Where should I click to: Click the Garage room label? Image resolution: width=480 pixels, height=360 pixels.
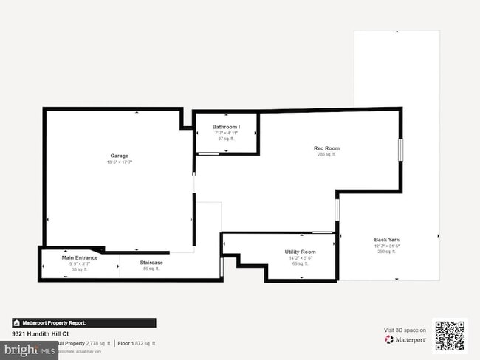(120, 156)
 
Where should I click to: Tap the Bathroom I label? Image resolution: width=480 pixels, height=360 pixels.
(226, 127)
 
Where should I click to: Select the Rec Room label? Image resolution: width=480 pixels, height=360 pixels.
(326, 148)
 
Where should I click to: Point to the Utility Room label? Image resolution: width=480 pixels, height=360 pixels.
(300, 252)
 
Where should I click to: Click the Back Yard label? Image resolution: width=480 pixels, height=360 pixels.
(387, 240)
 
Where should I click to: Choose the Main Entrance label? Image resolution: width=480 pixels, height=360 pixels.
(79, 257)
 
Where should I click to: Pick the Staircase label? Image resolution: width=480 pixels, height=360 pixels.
(151, 263)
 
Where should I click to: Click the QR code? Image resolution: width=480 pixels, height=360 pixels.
(450, 335)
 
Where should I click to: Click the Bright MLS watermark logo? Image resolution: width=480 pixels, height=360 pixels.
(30, 350)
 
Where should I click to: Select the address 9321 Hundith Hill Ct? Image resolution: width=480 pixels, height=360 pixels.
(41, 334)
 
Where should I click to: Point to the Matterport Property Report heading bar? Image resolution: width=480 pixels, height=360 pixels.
(83, 322)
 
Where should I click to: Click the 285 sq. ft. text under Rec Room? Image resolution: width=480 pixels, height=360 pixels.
(326, 155)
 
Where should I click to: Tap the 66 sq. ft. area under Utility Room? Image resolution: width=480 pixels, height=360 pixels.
(300, 263)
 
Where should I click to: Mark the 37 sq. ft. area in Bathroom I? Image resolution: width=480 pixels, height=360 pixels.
(225, 139)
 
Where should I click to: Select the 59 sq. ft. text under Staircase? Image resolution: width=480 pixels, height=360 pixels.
(151, 269)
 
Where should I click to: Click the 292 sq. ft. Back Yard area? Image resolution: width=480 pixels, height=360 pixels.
(387, 252)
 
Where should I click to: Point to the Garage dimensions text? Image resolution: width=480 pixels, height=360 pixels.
(120, 162)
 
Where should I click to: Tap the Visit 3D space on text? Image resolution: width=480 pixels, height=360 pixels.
(404, 330)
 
